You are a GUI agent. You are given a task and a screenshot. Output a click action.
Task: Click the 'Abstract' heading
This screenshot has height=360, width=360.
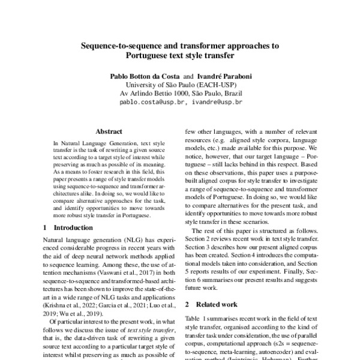click(109, 131)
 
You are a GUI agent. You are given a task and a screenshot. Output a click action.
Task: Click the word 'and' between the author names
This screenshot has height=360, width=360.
click(188, 77)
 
